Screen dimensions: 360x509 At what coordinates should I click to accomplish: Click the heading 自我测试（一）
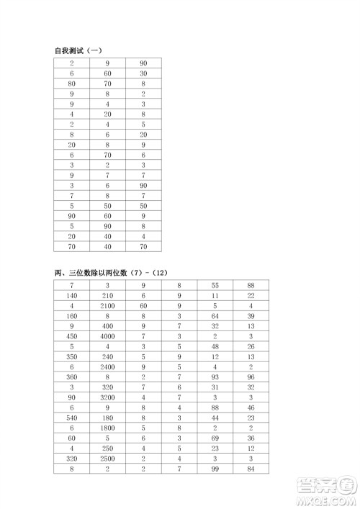[80, 50]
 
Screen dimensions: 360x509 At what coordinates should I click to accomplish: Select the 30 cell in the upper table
[144, 73]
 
